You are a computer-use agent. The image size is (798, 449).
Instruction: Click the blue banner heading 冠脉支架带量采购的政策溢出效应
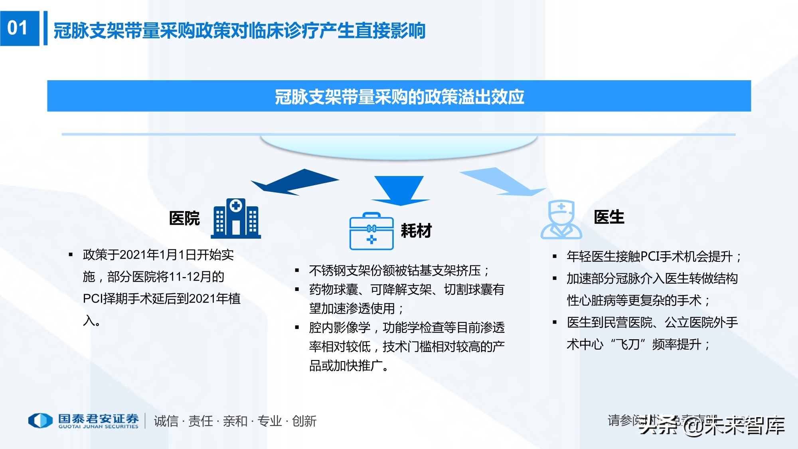(399, 96)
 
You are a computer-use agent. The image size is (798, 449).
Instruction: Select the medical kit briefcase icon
(371, 232)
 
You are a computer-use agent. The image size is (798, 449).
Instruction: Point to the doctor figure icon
(561, 220)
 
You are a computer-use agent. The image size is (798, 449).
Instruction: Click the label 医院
(184, 218)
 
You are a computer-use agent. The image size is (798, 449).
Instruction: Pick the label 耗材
(416, 231)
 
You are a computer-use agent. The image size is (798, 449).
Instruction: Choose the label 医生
(609, 217)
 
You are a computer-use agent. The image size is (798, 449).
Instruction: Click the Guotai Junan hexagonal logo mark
(40, 420)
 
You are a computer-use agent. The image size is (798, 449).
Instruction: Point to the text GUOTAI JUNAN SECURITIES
(98, 427)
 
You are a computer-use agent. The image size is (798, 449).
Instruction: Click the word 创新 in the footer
(304, 421)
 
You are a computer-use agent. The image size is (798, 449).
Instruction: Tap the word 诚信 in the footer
(166, 421)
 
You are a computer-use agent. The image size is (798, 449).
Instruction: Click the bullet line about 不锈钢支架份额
(399, 271)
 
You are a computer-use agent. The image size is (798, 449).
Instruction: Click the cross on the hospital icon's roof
(236, 206)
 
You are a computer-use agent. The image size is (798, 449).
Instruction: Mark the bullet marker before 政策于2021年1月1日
(71, 255)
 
